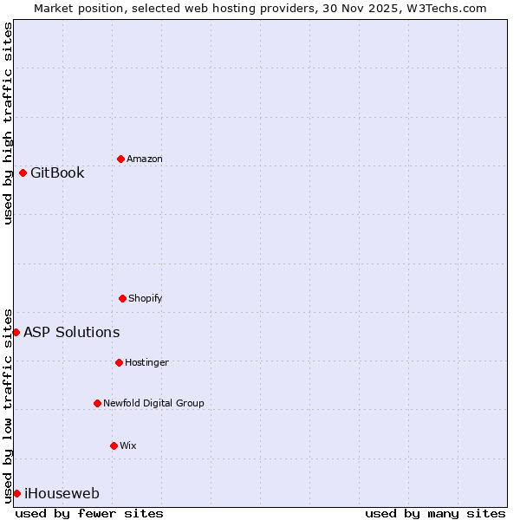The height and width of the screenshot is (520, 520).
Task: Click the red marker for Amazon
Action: click(121, 159)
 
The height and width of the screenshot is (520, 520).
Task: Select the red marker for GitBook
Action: click(23, 172)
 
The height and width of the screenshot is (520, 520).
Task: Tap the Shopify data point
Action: click(122, 298)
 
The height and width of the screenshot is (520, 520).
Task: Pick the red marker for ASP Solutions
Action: click(16, 332)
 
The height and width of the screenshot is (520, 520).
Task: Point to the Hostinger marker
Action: click(119, 362)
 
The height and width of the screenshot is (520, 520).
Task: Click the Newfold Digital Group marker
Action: click(97, 403)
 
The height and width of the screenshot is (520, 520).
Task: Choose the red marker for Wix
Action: click(114, 445)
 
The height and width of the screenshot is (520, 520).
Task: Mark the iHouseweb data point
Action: click(16, 493)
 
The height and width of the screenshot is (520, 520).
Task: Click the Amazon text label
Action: click(145, 159)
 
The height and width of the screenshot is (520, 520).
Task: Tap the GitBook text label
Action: click(57, 172)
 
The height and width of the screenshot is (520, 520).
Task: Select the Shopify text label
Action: click(146, 298)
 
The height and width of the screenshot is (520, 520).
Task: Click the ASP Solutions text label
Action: click(72, 332)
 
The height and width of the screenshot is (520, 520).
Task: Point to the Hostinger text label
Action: click(146, 362)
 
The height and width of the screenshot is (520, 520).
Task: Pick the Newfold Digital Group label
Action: click(153, 403)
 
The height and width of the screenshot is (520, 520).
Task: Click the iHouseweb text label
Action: click(62, 494)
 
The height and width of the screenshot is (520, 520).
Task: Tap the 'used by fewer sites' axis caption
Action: click(89, 513)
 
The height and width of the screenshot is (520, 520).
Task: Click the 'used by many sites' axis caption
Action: click(434, 513)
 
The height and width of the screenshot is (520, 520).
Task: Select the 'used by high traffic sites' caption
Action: click(8, 123)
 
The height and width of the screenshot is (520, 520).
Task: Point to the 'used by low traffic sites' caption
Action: click(8, 405)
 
